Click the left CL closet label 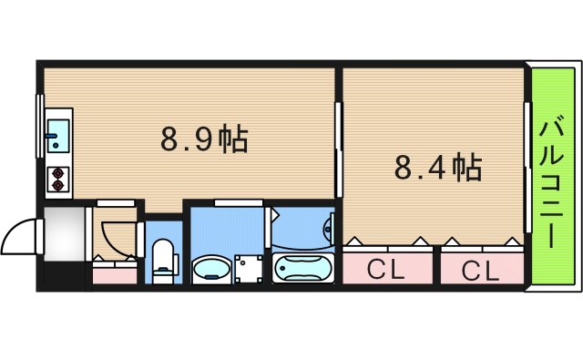pyautogui.click(x=386, y=270)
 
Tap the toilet pyautogui.click(x=164, y=257)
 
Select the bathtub pyautogui.click(x=304, y=270)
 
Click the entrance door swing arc pyautogui.click(x=18, y=239)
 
